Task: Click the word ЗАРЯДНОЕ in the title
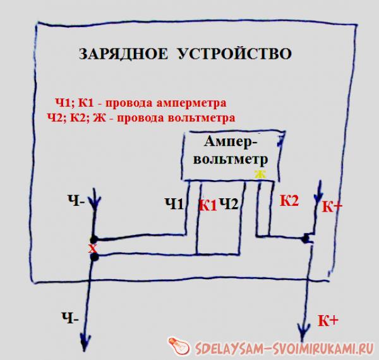coord(123,54)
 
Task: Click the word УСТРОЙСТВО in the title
coord(235,54)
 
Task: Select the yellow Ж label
coord(260,174)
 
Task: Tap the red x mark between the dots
coord(93,248)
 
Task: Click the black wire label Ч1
coord(174,203)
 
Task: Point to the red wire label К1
coord(208,206)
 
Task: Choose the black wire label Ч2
coord(229,203)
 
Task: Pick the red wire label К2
coord(289,200)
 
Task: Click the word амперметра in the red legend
coord(191,104)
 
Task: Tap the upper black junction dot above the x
coord(93,240)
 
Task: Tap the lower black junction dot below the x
coord(94,257)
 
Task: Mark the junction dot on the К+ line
coord(306,239)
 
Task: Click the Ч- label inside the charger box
coord(76,201)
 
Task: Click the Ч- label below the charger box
coord(70,318)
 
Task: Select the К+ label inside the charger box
coord(332,207)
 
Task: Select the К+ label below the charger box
coord(328,321)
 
